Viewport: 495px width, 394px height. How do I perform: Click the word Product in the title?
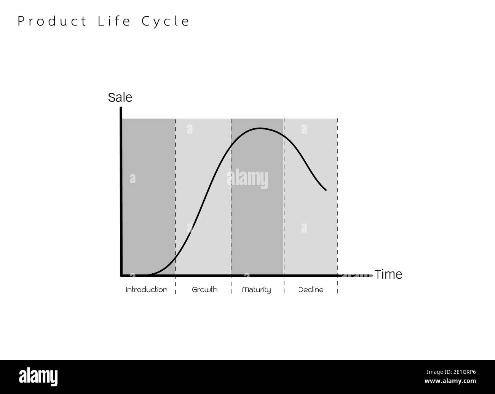[x=53, y=21]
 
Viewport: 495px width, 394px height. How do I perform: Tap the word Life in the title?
[x=114, y=21]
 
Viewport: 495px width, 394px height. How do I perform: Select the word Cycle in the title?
[x=166, y=22]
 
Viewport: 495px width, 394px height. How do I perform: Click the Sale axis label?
[x=120, y=97]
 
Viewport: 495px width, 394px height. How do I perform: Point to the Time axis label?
[x=388, y=274]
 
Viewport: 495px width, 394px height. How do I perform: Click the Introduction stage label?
[x=147, y=290]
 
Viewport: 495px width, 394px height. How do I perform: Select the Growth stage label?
[x=204, y=290]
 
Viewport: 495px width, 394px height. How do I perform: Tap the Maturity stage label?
[x=256, y=290]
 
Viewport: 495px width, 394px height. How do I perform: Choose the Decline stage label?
[x=311, y=290]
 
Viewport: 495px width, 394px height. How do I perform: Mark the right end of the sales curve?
[x=326, y=190]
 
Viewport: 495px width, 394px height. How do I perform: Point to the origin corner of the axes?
[x=121, y=275]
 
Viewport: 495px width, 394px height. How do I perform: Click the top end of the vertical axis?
[x=121, y=108]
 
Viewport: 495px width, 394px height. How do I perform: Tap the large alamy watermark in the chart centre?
[x=247, y=179]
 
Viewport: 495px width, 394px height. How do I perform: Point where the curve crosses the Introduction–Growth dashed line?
[x=176, y=257]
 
